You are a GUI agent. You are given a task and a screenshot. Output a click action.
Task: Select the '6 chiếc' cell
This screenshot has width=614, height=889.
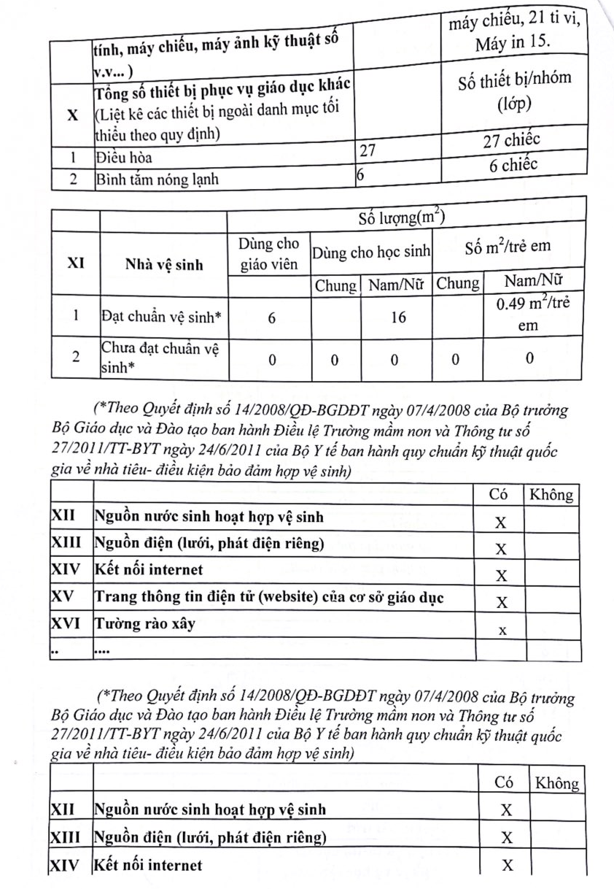tap(513, 165)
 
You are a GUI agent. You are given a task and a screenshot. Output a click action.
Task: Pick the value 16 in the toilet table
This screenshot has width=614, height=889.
tap(397, 317)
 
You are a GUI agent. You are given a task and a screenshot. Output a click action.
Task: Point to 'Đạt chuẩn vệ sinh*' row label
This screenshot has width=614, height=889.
tap(160, 317)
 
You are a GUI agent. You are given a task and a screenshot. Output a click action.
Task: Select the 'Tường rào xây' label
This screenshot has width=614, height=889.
tap(144, 625)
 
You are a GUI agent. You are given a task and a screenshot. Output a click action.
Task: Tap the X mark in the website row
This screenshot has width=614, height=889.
tap(501, 602)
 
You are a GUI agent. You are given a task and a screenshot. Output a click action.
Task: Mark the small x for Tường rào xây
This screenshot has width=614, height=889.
tap(501, 629)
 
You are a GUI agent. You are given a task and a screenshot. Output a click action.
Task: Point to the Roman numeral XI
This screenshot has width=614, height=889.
tap(74, 265)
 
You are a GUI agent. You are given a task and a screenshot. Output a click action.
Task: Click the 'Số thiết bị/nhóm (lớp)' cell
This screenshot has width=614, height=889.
tap(513, 91)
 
